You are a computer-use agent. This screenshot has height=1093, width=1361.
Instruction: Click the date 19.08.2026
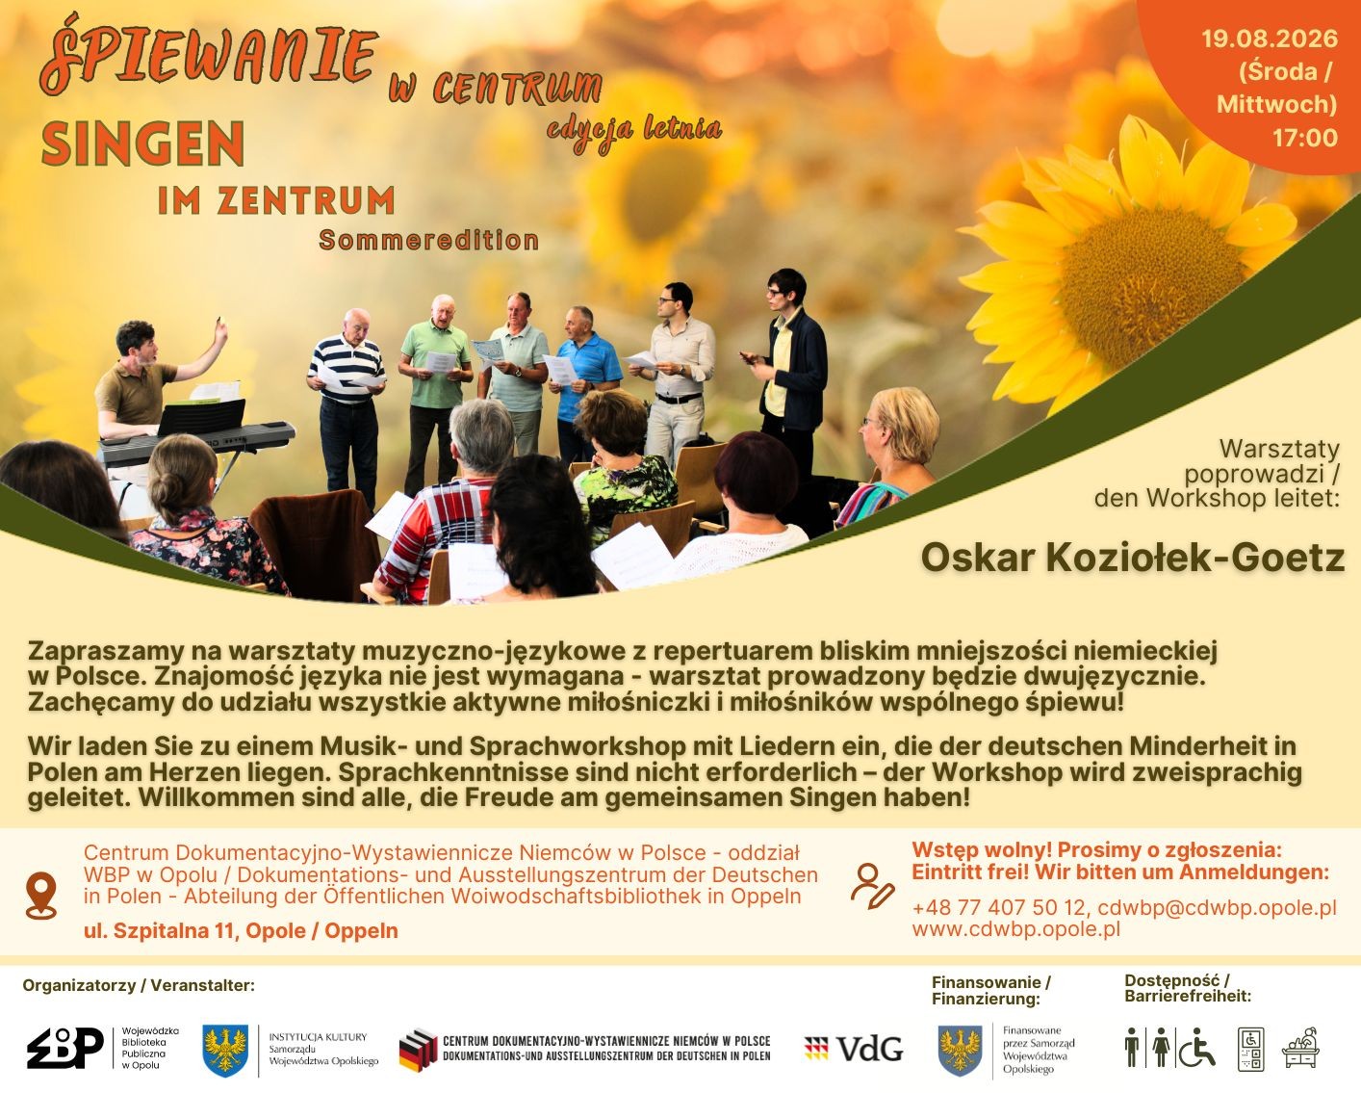[1270, 39]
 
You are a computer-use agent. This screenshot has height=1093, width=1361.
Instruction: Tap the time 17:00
[1305, 138]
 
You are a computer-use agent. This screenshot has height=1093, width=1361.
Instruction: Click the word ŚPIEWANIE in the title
[209, 54]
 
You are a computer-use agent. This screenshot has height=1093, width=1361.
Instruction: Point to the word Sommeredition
[428, 241]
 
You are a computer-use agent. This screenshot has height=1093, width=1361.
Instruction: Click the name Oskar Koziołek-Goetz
[1132, 558]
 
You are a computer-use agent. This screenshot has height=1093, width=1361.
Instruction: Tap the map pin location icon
[41, 895]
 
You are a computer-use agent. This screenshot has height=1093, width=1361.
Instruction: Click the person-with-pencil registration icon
[872, 886]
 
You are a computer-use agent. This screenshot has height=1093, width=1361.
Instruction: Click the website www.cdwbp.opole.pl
[1015, 929]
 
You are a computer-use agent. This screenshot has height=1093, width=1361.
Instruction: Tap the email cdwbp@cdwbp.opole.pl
[1218, 907]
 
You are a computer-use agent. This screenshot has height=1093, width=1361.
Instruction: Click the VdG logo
[854, 1049]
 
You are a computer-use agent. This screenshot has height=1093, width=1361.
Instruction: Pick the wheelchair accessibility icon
[1196, 1048]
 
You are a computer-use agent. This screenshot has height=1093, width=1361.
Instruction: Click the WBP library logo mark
[65, 1048]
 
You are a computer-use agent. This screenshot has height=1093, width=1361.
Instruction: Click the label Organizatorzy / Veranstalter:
[139, 985]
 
